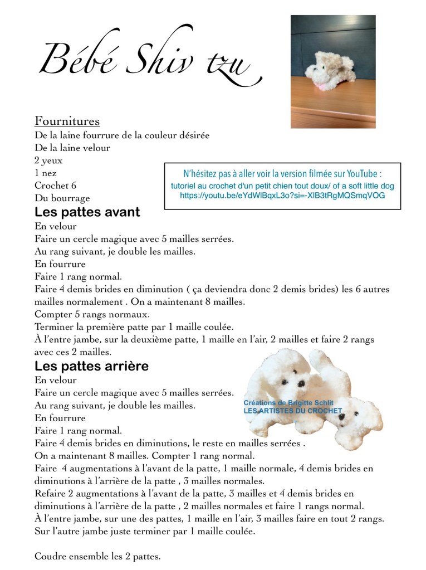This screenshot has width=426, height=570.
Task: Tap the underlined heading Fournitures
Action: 67,121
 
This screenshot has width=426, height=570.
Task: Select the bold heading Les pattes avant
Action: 87,212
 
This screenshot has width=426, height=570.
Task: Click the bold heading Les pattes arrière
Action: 91,366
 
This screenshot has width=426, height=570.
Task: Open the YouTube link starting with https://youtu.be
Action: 282,196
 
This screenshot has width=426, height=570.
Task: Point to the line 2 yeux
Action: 48,160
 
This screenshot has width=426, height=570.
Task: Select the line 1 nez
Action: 45,173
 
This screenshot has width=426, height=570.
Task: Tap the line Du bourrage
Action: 62,198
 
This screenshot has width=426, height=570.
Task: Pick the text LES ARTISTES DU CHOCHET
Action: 292,411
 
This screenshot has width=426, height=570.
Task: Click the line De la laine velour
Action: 72,148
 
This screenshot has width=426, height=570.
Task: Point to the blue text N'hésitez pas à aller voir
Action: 282,173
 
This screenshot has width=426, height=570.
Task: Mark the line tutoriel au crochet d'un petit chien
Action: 282,185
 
